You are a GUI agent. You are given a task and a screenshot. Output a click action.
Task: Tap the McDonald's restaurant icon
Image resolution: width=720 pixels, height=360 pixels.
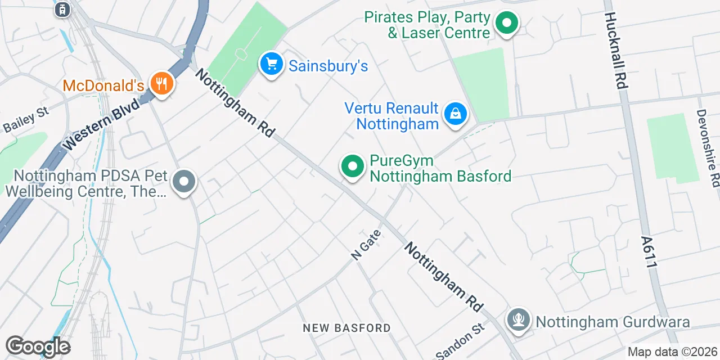[162, 84]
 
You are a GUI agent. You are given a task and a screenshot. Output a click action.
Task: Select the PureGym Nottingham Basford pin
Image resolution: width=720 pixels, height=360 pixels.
[353, 166]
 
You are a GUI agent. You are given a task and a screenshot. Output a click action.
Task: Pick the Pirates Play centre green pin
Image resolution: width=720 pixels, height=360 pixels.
[506, 24]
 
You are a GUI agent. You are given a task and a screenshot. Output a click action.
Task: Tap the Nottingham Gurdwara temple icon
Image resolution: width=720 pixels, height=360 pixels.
[518, 321]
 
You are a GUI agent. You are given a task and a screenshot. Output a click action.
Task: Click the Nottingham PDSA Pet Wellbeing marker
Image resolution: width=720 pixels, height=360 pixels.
[183, 182]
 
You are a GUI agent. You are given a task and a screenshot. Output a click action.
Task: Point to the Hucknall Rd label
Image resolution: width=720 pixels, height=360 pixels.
[616, 51]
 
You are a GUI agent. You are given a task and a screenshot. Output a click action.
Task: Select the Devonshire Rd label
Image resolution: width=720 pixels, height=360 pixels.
[708, 148]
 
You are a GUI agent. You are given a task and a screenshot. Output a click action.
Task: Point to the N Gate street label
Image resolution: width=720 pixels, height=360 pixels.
[366, 244]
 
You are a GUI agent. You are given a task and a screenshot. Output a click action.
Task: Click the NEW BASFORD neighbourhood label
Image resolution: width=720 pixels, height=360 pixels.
[346, 328]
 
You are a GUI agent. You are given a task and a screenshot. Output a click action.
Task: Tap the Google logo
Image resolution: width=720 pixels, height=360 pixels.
[38, 347]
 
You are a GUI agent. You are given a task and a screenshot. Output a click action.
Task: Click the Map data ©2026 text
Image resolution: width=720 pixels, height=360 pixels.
[672, 352]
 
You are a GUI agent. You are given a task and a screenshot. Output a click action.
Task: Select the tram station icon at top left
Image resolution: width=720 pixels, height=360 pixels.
[62, 9]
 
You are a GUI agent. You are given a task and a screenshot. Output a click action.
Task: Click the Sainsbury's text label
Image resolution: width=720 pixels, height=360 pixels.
[328, 66]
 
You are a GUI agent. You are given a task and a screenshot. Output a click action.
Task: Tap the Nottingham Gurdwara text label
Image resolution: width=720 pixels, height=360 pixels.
[613, 322]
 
